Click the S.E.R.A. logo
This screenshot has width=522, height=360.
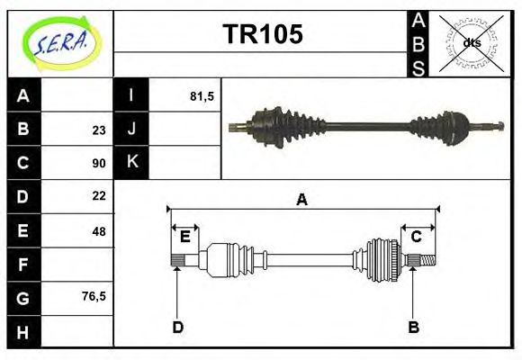pyautogui.click(x=59, y=42)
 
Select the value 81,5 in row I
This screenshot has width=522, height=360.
pyautogui.click(x=202, y=95)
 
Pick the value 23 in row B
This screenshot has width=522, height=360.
pyautogui.click(x=98, y=130)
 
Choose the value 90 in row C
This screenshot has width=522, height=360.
pyautogui.click(x=98, y=163)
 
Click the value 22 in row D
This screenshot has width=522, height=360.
pyautogui.click(x=98, y=196)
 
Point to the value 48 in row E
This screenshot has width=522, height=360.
pyautogui.click(x=98, y=231)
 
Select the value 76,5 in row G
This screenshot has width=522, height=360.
pyautogui.click(x=94, y=296)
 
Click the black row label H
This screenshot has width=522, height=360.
pyautogui.click(x=23, y=332)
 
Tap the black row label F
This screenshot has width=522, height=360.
pyautogui.click(x=23, y=265)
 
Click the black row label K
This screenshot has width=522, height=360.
pyautogui.click(x=131, y=162)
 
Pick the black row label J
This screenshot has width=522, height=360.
pyautogui.click(x=131, y=129)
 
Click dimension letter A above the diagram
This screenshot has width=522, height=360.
pyautogui.click(x=302, y=200)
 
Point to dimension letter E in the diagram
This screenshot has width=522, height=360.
pyautogui.click(x=184, y=237)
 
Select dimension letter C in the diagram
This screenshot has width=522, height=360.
pyautogui.click(x=416, y=237)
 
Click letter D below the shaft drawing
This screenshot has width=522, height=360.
pyautogui.click(x=177, y=327)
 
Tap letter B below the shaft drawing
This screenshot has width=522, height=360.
pyautogui.click(x=413, y=327)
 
